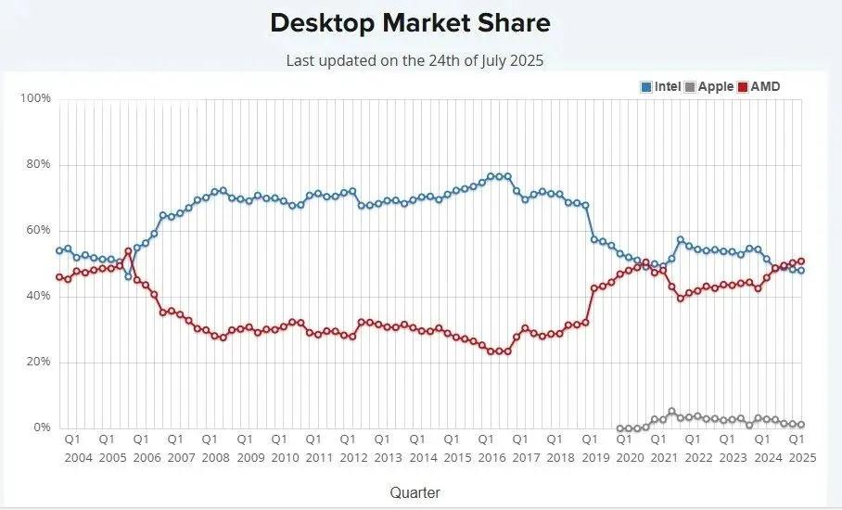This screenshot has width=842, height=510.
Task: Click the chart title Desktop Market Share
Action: coord(410,24)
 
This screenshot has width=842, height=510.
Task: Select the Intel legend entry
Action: coord(661,87)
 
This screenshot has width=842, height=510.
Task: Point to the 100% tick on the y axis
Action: coord(35,98)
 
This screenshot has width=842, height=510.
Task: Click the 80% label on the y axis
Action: coord(38,164)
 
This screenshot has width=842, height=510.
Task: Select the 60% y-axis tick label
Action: coord(38,230)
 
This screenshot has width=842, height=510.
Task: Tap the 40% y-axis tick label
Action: coord(38,296)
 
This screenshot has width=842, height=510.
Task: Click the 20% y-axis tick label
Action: coord(38,362)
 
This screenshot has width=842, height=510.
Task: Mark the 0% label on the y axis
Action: coord(42,427)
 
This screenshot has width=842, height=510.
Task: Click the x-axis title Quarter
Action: coord(415,492)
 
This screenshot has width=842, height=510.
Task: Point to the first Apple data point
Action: coord(620,428)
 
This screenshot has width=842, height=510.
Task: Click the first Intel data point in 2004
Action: coord(59,250)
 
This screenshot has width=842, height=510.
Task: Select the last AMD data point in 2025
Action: coord(800,261)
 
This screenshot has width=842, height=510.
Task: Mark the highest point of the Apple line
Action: coord(671,411)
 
